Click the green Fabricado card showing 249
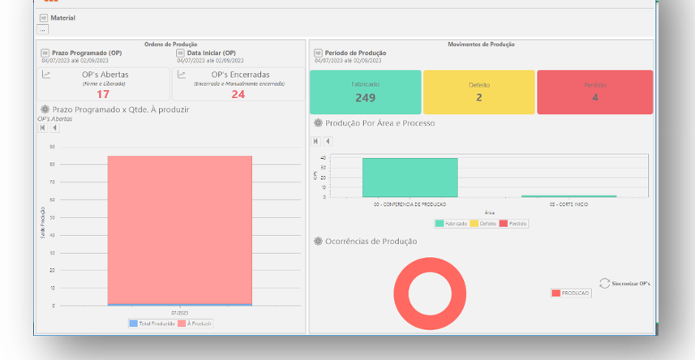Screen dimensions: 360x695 point(365,92)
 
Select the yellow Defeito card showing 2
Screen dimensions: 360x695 point(478,92)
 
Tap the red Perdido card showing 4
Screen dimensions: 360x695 point(594,92)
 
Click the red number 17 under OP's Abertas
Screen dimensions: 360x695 point(103,94)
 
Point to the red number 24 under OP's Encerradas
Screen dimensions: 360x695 point(238,94)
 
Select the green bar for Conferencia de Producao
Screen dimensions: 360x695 point(410,177)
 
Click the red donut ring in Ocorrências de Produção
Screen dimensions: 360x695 point(430,294)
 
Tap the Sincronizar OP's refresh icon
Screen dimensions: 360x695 point(604,283)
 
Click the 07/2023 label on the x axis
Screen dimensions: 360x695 point(179,312)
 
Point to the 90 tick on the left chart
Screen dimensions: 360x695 point(52,147)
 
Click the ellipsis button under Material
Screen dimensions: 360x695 point(43,29)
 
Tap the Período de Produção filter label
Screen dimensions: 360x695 point(355,53)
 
